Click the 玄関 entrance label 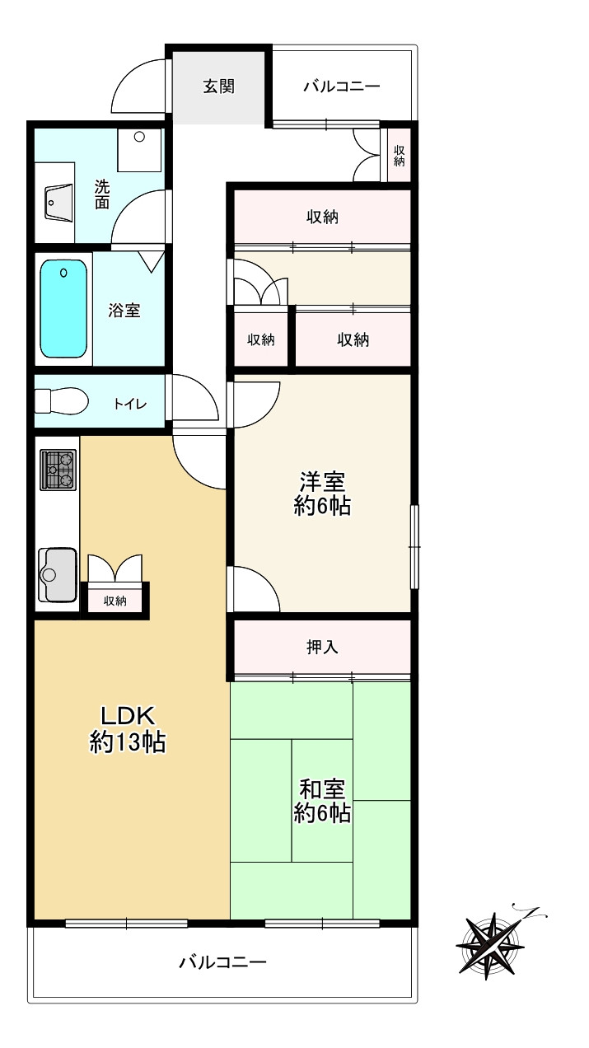point(218,87)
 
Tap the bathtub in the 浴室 point(63,309)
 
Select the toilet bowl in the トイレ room point(62,401)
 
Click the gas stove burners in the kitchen point(58,470)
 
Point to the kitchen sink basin point(58,575)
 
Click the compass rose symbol point(490,943)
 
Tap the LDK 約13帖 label point(128,729)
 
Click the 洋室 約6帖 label point(322,494)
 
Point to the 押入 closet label point(322,647)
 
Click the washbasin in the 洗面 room point(59,203)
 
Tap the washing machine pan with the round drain point(139,150)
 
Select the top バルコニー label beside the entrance point(342,87)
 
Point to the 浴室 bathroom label point(124,311)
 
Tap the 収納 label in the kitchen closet point(115,601)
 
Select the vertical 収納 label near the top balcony point(399,156)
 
